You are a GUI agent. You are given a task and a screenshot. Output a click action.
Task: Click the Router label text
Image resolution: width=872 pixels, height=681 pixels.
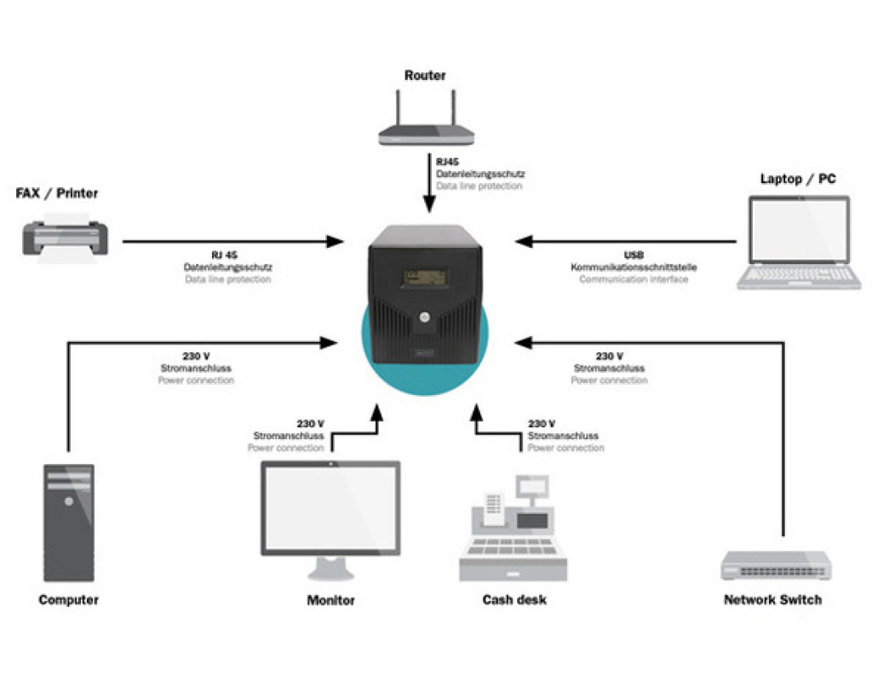pos(425,76)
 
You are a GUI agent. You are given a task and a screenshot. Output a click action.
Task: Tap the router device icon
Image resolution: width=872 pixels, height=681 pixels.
pos(425,129)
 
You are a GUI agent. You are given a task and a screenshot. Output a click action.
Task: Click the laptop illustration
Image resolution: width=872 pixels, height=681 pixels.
pos(799,243)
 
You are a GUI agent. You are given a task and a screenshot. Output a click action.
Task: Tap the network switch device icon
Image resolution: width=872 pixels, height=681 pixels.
pos(776,564)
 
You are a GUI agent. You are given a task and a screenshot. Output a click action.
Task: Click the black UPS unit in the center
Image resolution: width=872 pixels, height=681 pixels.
pos(425,289)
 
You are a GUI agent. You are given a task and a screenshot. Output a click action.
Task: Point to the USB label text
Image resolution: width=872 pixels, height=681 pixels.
pos(634,255)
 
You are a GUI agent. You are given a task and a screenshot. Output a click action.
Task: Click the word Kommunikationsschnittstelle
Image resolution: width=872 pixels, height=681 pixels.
pos(634,267)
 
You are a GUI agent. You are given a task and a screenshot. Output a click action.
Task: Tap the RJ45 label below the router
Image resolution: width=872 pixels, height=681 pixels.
pos(448,162)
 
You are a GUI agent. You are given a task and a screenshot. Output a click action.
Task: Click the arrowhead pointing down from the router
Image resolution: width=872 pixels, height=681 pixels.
pos(430,205)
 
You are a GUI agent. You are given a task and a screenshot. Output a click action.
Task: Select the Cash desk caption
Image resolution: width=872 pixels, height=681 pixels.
pos(514,600)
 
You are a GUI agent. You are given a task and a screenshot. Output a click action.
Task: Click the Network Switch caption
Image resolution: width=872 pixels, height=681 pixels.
pos(772,600)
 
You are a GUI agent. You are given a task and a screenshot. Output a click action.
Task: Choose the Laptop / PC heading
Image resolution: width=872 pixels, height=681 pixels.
pos(798,180)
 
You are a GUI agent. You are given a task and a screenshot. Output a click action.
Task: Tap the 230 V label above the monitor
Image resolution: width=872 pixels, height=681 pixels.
pos(310,424)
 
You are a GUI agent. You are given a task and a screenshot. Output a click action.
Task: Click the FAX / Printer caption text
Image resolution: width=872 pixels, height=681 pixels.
pos(57,194)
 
